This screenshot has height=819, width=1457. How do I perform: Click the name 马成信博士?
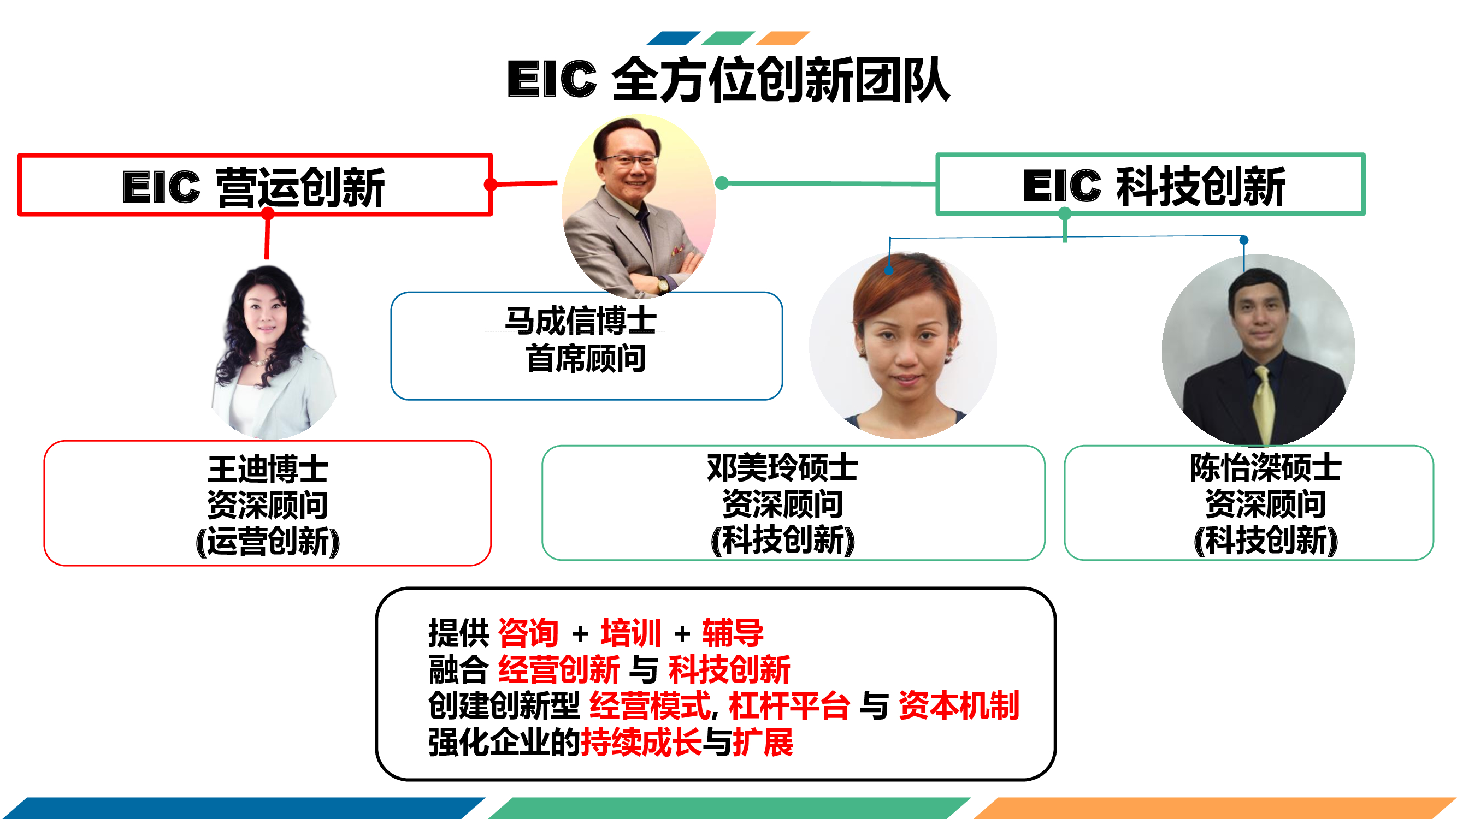pyautogui.click(x=580, y=321)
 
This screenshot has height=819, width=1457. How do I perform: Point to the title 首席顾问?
pyautogui.click(x=586, y=358)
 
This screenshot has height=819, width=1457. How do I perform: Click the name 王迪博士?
pyautogui.click(x=268, y=469)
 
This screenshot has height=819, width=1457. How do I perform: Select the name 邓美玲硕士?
pyautogui.click(x=783, y=467)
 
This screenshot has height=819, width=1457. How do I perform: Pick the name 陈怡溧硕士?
pyautogui.click(x=1266, y=467)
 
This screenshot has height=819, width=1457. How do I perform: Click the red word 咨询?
pyautogui.click(x=528, y=632)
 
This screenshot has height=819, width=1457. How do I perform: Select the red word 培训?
pyautogui.click(x=630, y=632)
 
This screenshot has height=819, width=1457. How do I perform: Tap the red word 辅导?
pyautogui.click(x=733, y=632)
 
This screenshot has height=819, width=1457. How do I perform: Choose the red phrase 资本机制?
pyautogui.click(x=959, y=705)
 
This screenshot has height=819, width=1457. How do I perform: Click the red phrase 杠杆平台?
pyautogui.click(x=789, y=705)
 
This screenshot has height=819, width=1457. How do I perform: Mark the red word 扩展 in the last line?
pyautogui.click(x=763, y=741)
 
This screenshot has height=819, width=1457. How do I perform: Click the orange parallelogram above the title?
pyautogui.click(x=783, y=38)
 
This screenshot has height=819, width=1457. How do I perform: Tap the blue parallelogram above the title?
pyautogui.click(x=674, y=38)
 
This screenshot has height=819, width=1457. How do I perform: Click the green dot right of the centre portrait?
pyautogui.click(x=722, y=183)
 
